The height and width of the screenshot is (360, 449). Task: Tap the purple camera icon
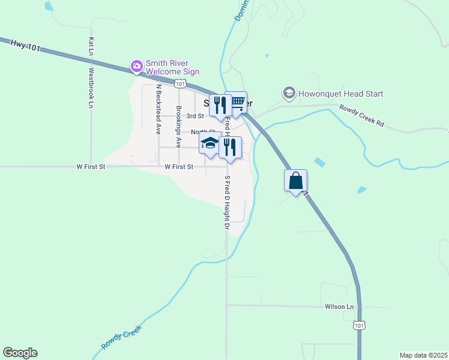(137, 65)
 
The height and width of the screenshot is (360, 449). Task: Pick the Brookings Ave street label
(179, 127)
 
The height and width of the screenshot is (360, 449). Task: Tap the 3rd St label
(195, 116)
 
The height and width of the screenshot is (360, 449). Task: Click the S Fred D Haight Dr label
(227, 202)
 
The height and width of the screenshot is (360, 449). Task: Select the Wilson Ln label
(339, 307)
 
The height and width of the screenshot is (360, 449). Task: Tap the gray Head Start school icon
(289, 93)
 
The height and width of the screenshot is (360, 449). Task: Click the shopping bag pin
(296, 181)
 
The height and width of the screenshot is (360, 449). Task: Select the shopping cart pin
(237, 103)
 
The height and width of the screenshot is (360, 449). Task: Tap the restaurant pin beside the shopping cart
(220, 105)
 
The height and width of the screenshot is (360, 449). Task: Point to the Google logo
(20, 353)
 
